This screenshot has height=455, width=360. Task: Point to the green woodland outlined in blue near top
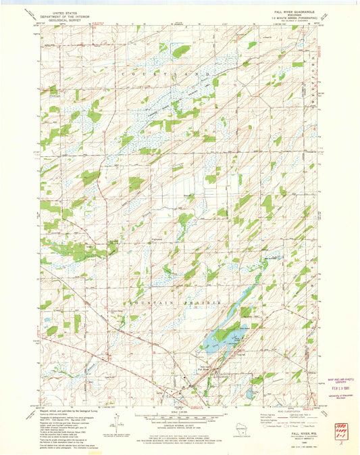coord(180,50)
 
